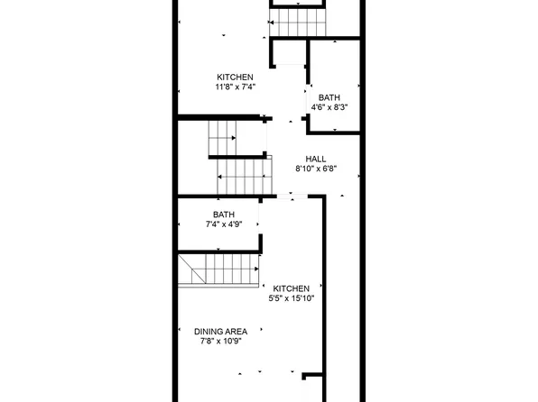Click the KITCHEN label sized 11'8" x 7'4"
235,77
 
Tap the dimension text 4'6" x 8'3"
329,106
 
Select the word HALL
316,159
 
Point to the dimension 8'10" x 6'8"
316,169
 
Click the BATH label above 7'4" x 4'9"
223,214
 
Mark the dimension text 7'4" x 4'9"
223,224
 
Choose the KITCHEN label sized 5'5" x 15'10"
292,288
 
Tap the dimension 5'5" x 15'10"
292,298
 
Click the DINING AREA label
221,332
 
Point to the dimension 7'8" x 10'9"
221,342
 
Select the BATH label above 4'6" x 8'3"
329,96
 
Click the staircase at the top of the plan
300,21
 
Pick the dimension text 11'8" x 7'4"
235,87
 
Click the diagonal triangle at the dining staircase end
190,269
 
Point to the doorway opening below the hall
285,196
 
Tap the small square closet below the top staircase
290,53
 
